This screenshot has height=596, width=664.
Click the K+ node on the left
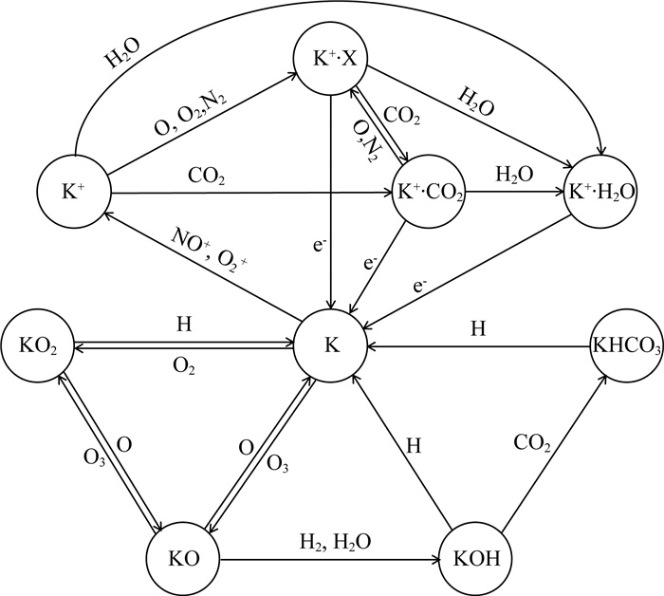coord(74,193)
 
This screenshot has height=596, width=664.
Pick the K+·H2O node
coord(600,193)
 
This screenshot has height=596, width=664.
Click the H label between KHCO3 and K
coord(480,328)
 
